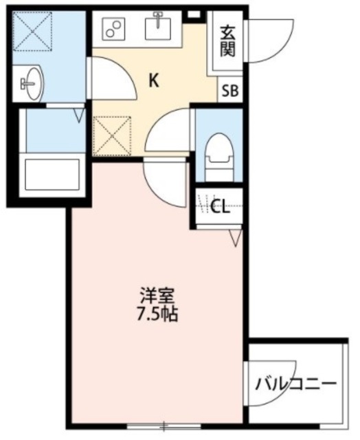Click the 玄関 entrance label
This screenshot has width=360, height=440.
227,42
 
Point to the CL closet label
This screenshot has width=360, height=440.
219,207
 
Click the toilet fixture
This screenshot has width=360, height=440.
219,152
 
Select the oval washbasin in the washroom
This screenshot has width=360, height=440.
32,84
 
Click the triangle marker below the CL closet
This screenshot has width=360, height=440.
236,238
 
